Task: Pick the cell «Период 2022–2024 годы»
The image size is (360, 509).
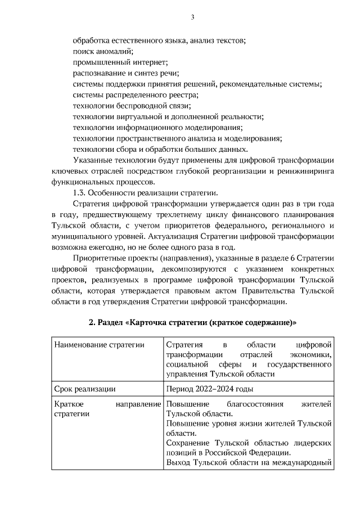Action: point(210,388)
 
